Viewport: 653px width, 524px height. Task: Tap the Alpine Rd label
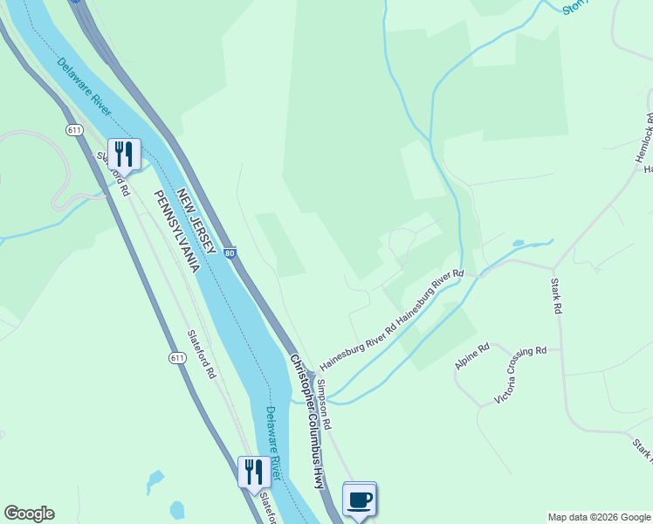[472, 355]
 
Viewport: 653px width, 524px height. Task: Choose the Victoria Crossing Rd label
[520, 375]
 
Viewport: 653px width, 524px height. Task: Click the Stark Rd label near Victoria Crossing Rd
[556, 295]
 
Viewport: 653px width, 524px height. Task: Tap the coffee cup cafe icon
[359, 500]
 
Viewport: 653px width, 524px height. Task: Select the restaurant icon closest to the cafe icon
[254, 472]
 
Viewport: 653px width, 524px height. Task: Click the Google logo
[29, 514]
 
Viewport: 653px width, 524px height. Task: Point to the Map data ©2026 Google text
[599, 517]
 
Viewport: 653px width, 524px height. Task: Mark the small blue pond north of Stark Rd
[519, 243]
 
